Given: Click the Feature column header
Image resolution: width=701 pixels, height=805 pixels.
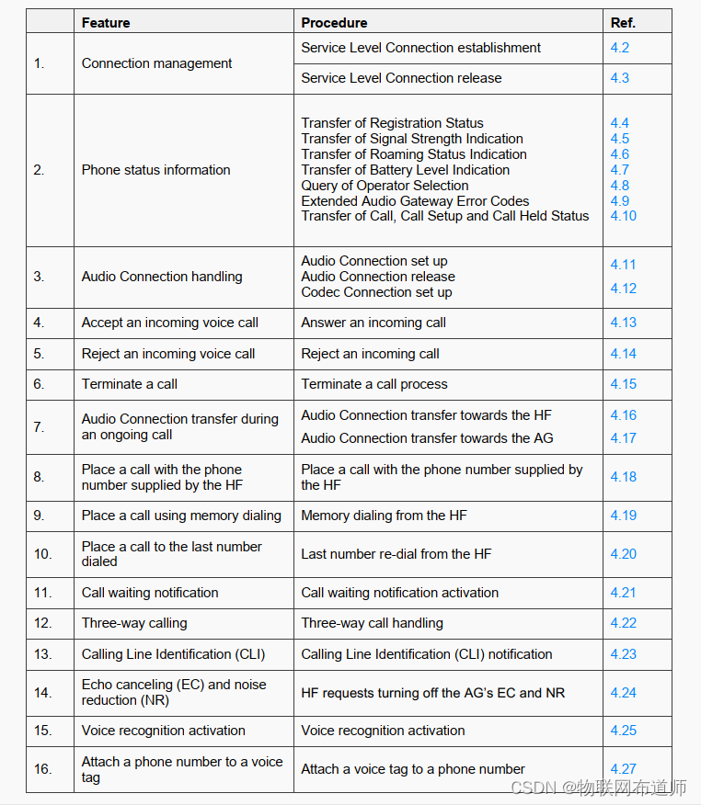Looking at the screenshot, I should click(106, 22).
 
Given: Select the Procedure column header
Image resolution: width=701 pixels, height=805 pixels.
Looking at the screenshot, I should click(334, 22).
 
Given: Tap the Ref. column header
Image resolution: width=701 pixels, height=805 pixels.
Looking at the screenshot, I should click(623, 22).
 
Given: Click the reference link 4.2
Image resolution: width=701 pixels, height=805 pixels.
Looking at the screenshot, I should click(620, 48).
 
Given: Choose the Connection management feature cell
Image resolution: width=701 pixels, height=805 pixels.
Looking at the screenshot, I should click(156, 63).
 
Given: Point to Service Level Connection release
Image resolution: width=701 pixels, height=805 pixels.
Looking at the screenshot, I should click(401, 78).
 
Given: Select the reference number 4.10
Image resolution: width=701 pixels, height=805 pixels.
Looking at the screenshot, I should click(623, 216).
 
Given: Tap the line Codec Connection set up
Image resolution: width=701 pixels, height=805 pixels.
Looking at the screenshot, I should click(376, 292).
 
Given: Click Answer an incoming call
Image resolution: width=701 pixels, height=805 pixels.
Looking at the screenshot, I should click(373, 323).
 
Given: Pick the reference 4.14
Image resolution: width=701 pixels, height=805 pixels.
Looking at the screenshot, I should click(623, 354).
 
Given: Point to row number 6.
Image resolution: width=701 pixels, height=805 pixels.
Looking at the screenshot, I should click(39, 384).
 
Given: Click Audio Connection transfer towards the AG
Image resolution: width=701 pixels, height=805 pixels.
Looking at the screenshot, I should click(427, 438).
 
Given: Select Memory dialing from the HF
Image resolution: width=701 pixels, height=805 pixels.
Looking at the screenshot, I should click(384, 516).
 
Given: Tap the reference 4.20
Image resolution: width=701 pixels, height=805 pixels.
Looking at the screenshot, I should click(623, 554).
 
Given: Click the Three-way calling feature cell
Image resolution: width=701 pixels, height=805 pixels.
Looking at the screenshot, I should click(134, 623).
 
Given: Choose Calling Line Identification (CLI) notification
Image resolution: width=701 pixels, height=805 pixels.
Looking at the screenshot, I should click(427, 654).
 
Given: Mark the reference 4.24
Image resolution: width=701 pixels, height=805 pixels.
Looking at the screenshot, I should click(623, 693).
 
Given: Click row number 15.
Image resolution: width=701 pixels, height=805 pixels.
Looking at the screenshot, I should click(42, 731).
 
